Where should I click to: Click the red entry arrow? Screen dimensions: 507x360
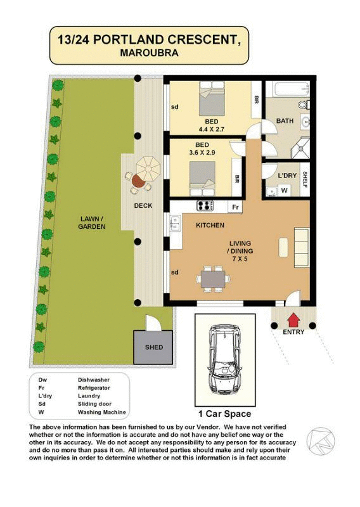pos(293,319)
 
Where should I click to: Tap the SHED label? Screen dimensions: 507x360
pos(153,347)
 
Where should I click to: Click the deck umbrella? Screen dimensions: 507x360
pos(149,168)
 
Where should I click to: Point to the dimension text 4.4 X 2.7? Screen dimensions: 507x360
pos(212,129)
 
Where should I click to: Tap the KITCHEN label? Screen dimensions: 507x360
pos(210,225)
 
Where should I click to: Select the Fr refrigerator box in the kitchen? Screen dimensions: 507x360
pos(234,207)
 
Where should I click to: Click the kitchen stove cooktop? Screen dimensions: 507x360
pos(205,205)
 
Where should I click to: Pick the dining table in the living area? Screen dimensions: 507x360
pos(212,278)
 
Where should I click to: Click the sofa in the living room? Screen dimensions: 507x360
pos(301,244)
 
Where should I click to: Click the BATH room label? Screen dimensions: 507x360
pos(285,121)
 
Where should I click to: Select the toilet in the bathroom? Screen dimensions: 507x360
pos(302,105)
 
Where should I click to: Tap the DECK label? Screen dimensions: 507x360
pos(143,205)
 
